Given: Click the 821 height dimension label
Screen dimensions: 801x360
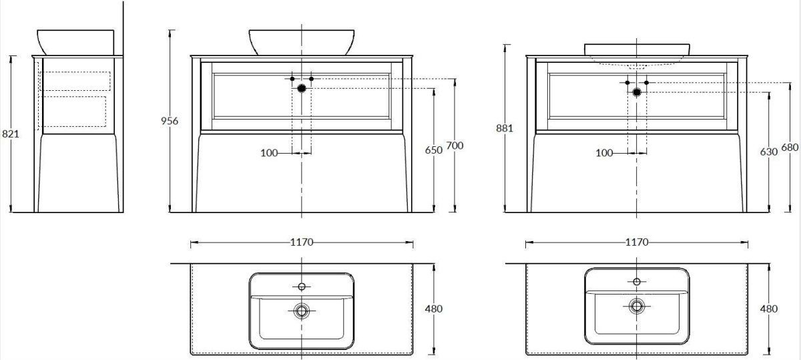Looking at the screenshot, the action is (11, 134).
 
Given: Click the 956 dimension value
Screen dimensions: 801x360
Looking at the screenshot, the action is (169, 121).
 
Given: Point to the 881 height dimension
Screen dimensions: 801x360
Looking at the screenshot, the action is (505, 128).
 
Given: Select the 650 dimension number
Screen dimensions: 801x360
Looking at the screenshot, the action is (434, 150).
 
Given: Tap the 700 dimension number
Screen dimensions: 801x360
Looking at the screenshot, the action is (455, 146).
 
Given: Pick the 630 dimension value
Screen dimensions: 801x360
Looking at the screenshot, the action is (769, 152).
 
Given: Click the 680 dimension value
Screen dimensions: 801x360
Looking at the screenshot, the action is (790, 147).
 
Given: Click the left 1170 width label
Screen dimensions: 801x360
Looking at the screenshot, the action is (302, 242).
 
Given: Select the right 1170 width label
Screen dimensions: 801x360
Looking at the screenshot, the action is (637, 242).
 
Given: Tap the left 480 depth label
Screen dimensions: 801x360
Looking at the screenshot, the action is (434, 309).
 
